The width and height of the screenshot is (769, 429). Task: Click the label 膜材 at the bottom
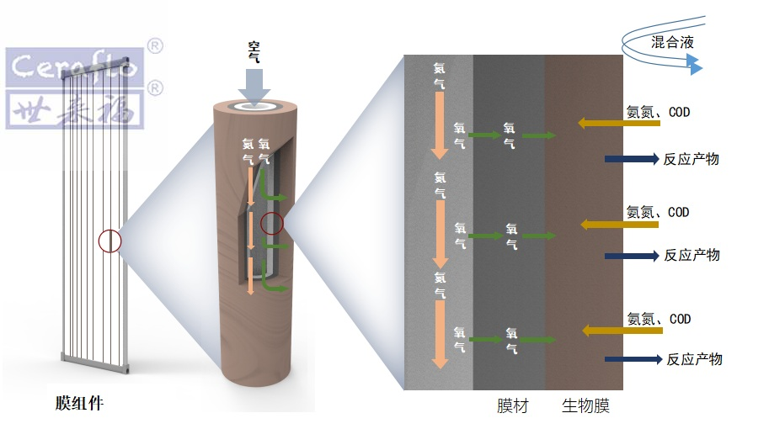point(513,407)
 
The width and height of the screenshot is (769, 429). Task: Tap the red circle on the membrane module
point(109,241)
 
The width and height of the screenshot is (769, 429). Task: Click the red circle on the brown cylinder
point(272,224)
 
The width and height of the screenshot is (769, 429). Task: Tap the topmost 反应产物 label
point(692,159)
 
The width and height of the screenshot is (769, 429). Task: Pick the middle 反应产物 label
point(692,255)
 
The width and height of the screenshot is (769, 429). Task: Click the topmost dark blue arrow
point(631,158)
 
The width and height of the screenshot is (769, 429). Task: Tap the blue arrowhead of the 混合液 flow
point(694,65)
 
